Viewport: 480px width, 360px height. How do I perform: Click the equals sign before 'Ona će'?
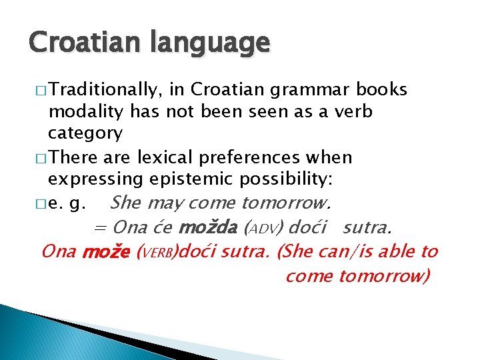point(99,228)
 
